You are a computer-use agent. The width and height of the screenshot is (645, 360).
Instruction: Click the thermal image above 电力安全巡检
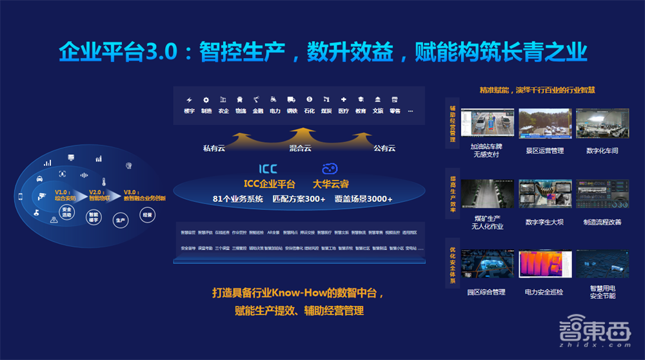coord(541,265)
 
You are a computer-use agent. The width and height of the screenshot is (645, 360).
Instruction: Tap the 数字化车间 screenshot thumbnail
coord(602,124)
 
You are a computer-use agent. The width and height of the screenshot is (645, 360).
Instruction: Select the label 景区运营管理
coord(545,151)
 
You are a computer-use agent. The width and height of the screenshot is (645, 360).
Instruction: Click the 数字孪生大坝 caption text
coord(544,222)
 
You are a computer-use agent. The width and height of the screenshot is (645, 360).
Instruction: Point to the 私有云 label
coord(214,148)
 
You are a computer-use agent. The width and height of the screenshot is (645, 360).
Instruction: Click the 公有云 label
coord(384,148)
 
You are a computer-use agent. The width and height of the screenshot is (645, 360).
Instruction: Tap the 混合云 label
coord(301,148)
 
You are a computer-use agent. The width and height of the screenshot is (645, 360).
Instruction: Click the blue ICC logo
coord(268,169)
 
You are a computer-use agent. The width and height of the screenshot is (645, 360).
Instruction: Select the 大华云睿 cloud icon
coord(330,168)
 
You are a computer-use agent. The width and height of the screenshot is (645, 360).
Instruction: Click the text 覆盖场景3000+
coord(363,199)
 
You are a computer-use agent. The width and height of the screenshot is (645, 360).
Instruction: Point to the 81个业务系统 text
coord(238,199)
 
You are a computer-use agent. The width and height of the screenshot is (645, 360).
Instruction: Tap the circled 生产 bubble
coord(120,220)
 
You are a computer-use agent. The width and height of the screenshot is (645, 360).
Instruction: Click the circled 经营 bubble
coord(147,215)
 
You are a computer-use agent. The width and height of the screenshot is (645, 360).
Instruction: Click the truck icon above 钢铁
coord(292,100)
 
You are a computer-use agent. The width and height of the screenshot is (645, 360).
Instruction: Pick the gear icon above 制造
coord(206,100)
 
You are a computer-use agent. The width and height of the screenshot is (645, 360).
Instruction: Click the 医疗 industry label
coord(344,111)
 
